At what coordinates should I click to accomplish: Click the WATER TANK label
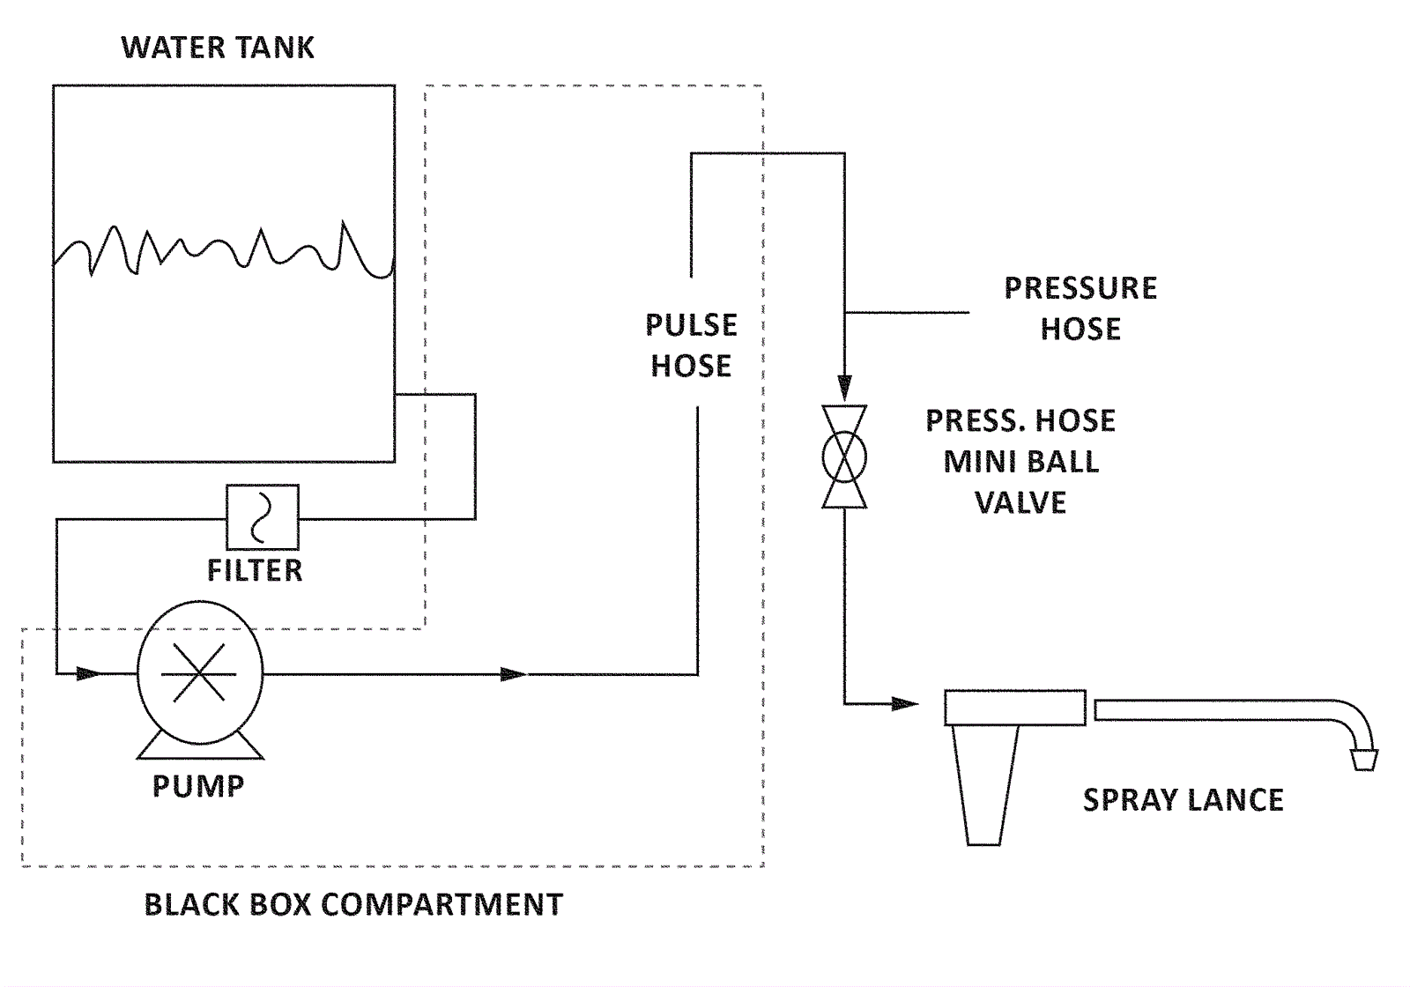(x=218, y=48)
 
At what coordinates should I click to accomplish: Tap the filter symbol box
(x=263, y=517)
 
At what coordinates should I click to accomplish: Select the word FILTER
(x=255, y=571)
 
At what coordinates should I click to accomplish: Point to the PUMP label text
(x=198, y=786)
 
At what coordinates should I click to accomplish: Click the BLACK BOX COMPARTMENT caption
(x=353, y=905)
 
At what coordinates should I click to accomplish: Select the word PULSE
(x=691, y=325)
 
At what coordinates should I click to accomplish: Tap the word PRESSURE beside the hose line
(x=1080, y=288)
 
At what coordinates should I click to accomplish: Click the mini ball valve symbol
(x=844, y=456)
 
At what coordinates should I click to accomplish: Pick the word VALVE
(x=1020, y=503)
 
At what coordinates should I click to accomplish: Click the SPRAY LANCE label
(x=1183, y=800)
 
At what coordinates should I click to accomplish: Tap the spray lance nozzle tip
(x=1364, y=759)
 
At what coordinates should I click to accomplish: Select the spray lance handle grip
(x=984, y=784)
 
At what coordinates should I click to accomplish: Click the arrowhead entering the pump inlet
(x=89, y=674)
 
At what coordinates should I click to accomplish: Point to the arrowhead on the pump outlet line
(x=513, y=675)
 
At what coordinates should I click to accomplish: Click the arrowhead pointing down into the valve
(x=844, y=388)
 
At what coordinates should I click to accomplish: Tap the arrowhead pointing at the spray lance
(x=905, y=704)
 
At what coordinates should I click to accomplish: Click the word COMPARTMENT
(x=442, y=905)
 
